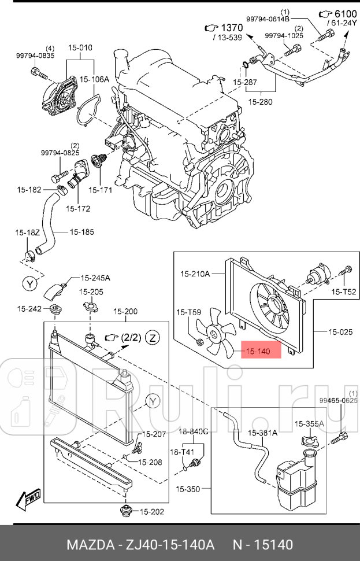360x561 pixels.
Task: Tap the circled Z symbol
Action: tap(153, 337)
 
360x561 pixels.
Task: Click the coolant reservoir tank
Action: tap(297, 483)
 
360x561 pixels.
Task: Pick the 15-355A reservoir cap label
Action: tap(309, 424)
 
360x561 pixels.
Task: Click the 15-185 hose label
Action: tap(81, 232)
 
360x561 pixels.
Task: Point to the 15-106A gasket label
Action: tap(94, 79)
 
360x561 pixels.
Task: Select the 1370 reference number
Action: tap(232, 28)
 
